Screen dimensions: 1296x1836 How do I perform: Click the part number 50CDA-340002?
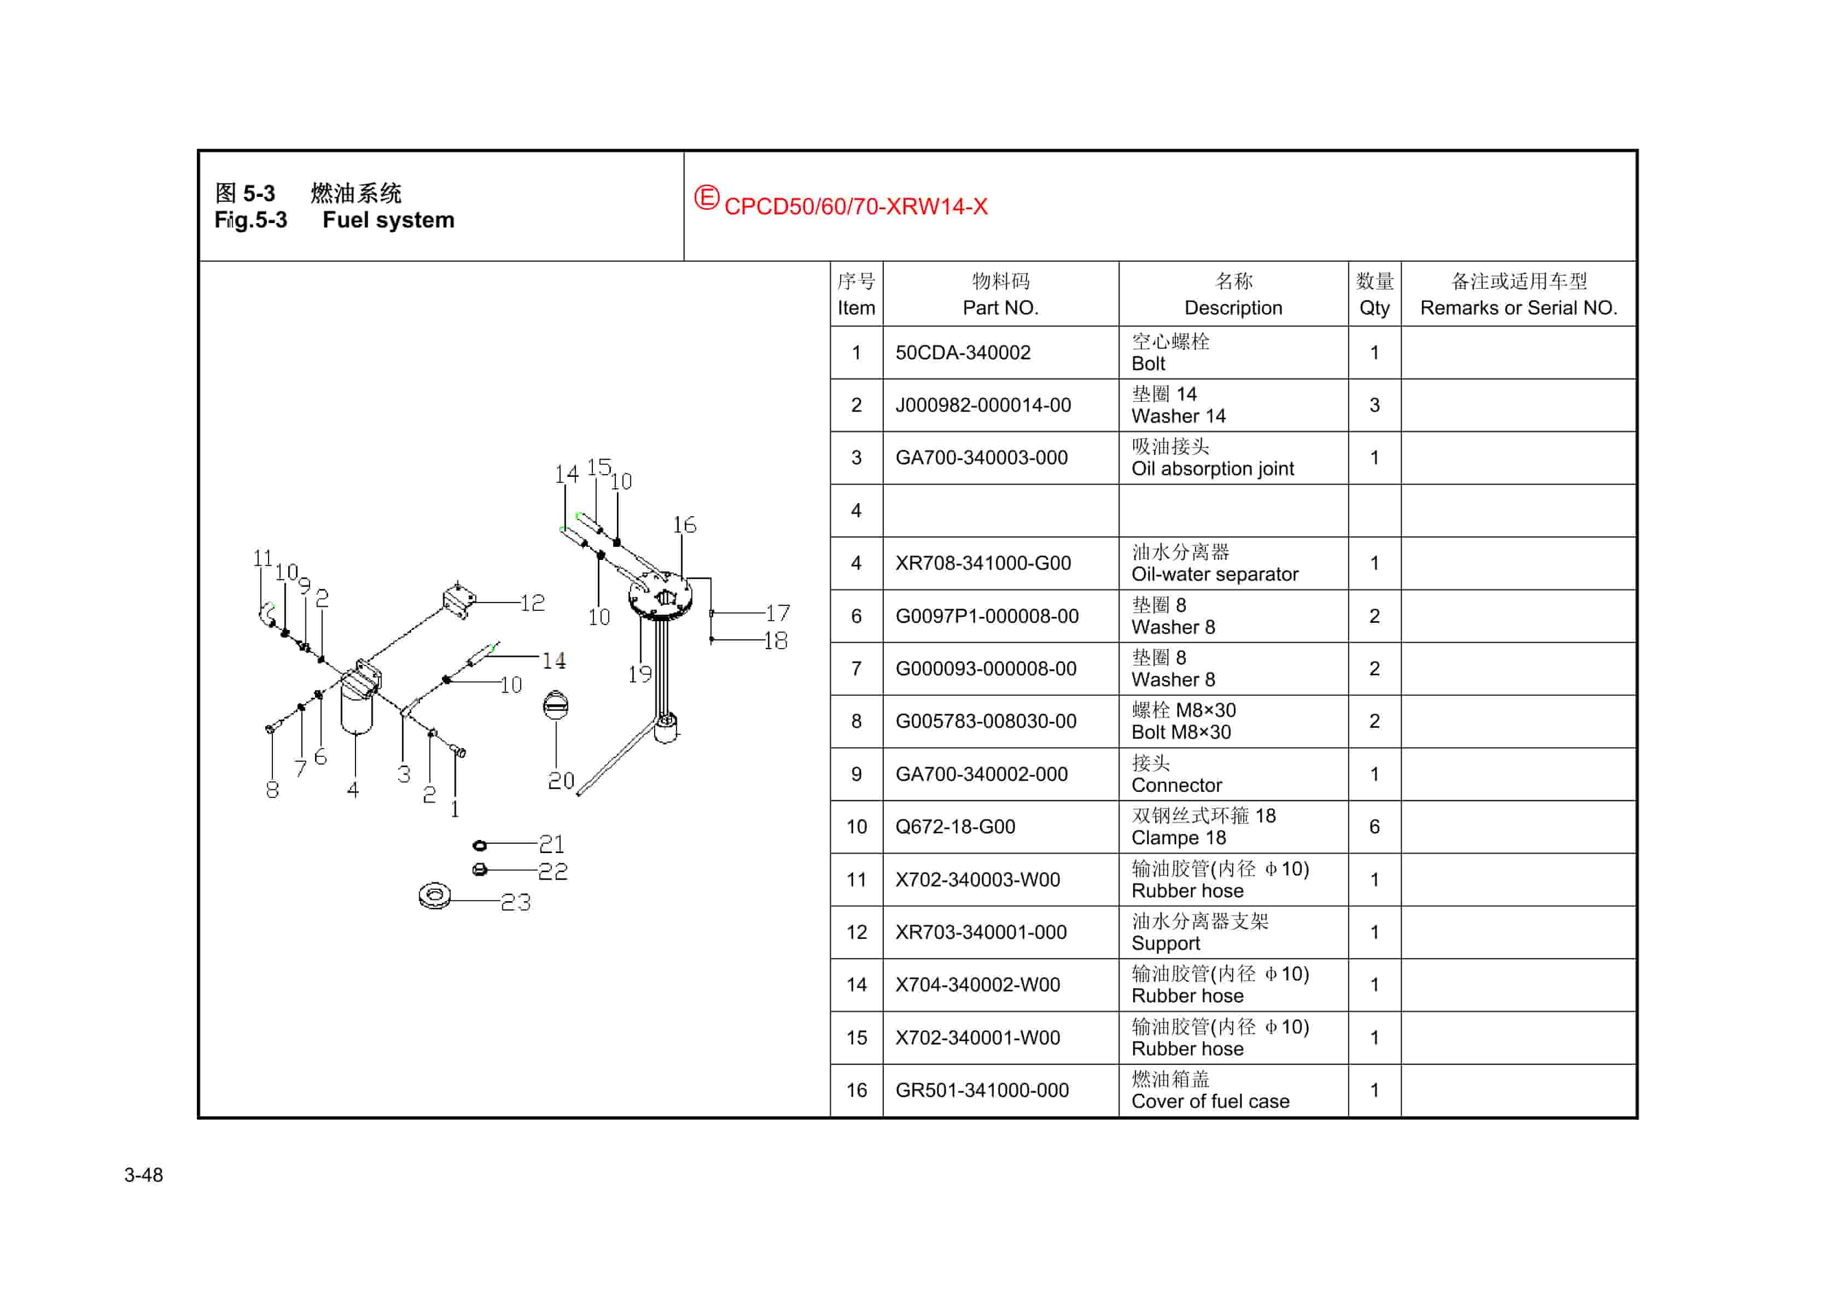[962, 353]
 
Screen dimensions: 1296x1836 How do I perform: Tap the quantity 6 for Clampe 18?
[1374, 827]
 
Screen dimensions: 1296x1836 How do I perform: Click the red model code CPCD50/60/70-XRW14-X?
[855, 206]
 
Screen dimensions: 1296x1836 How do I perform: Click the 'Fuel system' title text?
[388, 220]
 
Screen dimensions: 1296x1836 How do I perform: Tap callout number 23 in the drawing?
[516, 903]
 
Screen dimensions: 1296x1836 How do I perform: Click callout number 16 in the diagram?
[684, 526]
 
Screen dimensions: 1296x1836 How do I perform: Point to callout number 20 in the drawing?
[561, 781]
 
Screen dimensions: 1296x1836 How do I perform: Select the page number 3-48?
[143, 1175]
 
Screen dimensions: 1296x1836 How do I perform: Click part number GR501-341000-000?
[981, 1090]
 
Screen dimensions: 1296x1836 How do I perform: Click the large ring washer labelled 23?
[434, 896]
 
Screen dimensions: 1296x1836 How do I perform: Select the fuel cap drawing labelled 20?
[556, 705]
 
